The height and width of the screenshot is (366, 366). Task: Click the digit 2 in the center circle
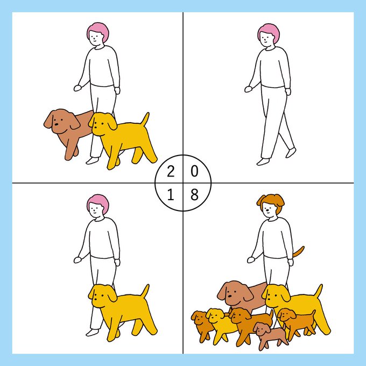pyautogui.click(x=171, y=172)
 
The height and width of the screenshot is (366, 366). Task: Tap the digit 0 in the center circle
pyautogui.click(x=194, y=171)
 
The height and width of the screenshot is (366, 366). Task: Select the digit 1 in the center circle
pyautogui.click(x=171, y=195)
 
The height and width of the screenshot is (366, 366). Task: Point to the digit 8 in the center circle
pyautogui.click(x=194, y=195)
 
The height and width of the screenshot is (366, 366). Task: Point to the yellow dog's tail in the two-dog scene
pyautogui.click(x=146, y=119)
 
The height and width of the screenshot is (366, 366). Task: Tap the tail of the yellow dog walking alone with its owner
pyautogui.click(x=145, y=291)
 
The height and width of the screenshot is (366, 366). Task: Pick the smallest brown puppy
pyautogui.click(x=271, y=335)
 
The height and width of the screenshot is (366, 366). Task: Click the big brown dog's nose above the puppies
pyautogui.click(x=230, y=296)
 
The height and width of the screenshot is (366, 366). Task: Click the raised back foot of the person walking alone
pyautogui.click(x=291, y=152)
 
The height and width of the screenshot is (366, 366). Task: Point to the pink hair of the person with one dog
pyautogui.click(x=98, y=203)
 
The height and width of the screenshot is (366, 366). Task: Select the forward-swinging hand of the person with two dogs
pyautogui.click(x=78, y=88)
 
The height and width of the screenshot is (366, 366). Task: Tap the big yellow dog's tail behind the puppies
pyautogui.click(x=319, y=291)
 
